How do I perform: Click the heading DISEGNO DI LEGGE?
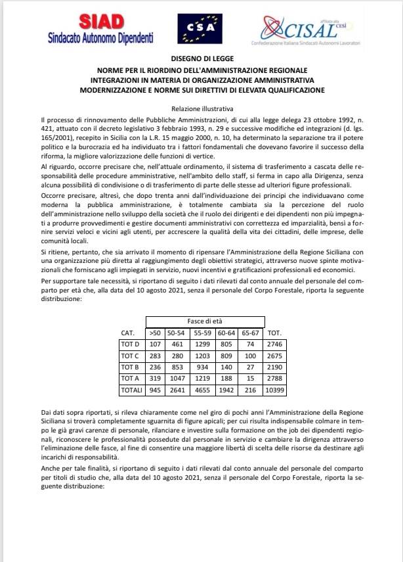point(201,59)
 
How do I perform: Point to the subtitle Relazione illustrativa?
point(201,108)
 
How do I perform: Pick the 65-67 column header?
point(251,333)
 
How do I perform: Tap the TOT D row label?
point(131,344)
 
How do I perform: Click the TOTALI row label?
point(131,390)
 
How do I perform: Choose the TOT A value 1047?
point(177,379)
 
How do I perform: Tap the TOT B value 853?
point(177,367)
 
